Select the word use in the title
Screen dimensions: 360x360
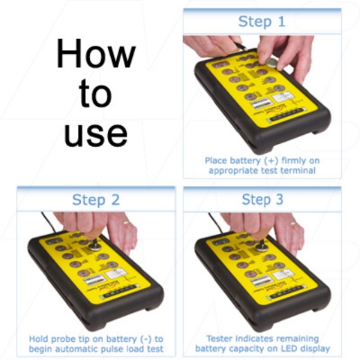[95, 132]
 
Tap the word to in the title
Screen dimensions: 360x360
[95, 93]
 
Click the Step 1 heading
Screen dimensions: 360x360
[261, 21]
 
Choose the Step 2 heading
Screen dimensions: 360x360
[96, 199]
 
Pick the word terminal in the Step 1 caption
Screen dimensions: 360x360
[302, 170]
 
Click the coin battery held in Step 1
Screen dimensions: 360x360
[272, 62]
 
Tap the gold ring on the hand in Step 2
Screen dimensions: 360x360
[126, 222]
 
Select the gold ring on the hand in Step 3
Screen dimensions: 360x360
[294, 222]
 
